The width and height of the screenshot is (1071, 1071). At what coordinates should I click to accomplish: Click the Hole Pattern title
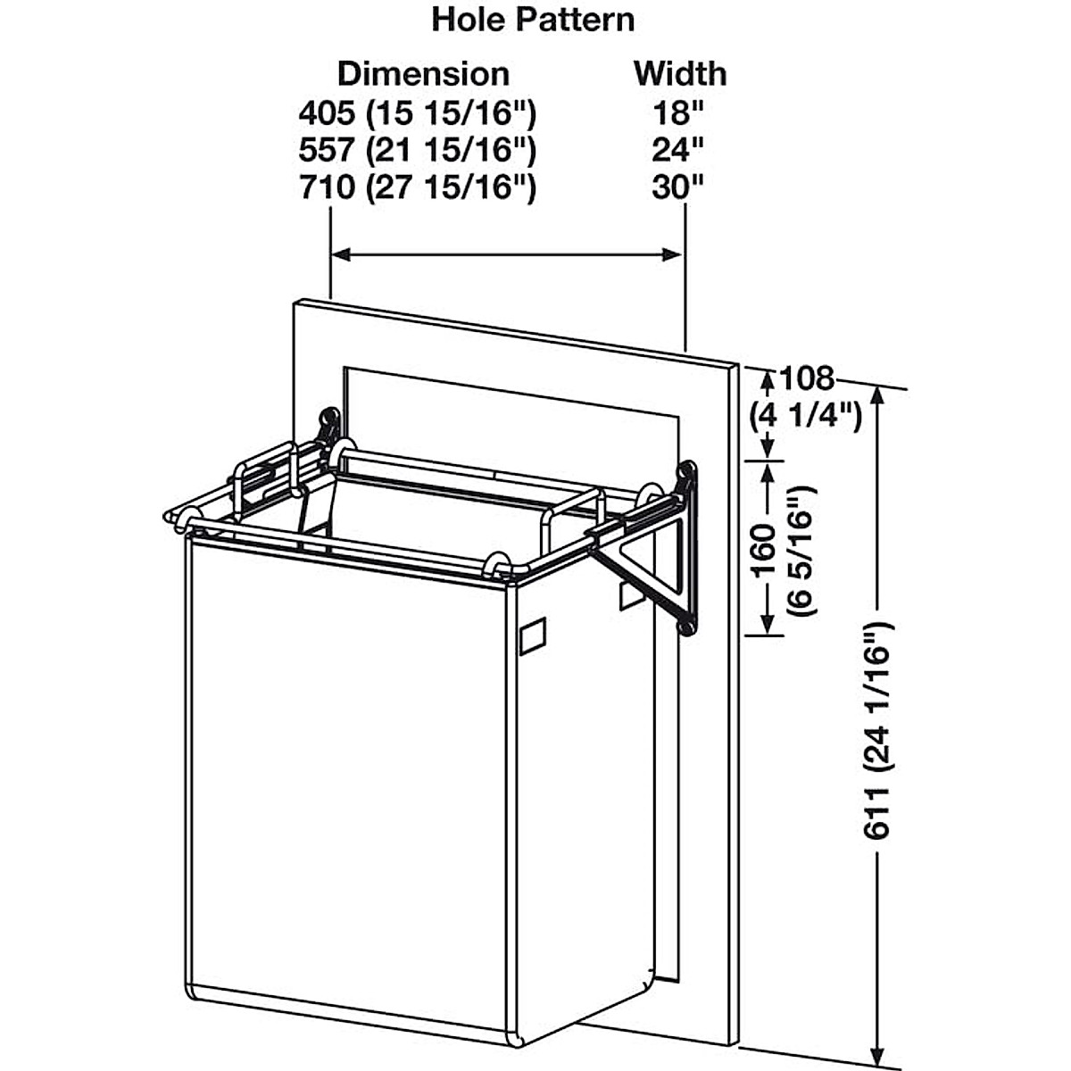pyautogui.click(x=533, y=20)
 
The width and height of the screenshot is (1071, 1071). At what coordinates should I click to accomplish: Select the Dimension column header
pyautogui.click(x=423, y=73)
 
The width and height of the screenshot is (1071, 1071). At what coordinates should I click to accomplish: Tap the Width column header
pyautogui.click(x=680, y=73)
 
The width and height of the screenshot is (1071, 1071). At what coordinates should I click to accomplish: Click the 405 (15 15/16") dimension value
pyautogui.click(x=417, y=113)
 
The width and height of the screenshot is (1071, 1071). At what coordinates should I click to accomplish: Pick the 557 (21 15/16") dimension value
pyautogui.click(x=417, y=150)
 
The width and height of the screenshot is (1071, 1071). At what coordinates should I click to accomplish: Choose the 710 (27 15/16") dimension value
pyautogui.click(x=417, y=187)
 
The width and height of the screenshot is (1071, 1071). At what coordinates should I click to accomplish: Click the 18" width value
pyautogui.click(x=678, y=113)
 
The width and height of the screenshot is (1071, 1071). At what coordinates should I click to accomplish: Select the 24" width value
pyautogui.click(x=678, y=150)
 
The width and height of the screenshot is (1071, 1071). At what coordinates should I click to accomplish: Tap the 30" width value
pyautogui.click(x=678, y=187)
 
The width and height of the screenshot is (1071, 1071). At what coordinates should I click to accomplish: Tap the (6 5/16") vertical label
pyautogui.click(x=801, y=550)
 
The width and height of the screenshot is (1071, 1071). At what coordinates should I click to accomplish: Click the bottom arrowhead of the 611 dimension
pyautogui.click(x=880, y=1042)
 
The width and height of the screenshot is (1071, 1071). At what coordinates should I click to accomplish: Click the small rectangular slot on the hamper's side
pyautogui.click(x=533, y=636)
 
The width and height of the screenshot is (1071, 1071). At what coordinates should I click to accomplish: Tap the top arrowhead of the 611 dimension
pyautogui.click(x=880, y=396)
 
